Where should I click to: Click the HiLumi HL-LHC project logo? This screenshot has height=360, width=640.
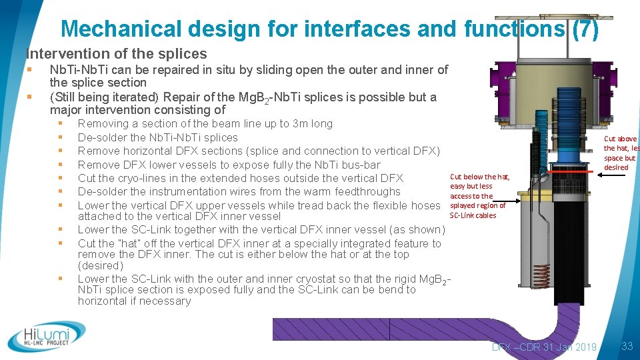click(x=47, y=336)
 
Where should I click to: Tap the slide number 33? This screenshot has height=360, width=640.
click(x=626, y=346)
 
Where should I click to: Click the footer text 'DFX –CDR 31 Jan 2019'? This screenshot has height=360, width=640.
click(x=544, y=347)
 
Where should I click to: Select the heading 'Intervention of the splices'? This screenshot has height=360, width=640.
click(x=116, y=54)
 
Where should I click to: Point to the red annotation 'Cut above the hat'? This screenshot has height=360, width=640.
click(x=620, y=153)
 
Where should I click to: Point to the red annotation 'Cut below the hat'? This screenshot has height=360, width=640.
click(x=479, y=196)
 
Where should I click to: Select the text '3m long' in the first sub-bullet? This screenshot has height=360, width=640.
click(x=313, y=123)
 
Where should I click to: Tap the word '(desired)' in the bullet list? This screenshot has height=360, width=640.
click(x=100, y=265)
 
